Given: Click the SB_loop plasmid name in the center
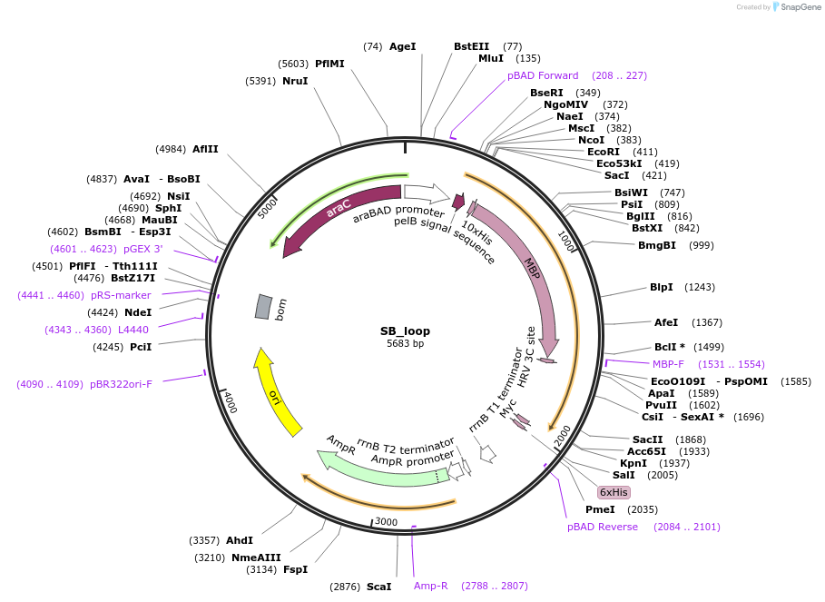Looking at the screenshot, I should [x=405, y=331].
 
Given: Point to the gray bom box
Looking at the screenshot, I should [x=263, y=307].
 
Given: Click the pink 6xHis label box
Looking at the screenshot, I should [x=614, y=492].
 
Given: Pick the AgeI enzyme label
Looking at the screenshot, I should [x=402, y=46].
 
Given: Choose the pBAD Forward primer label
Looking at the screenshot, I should [x=542, y=75].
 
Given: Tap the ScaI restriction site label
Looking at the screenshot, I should [x=378, y=587].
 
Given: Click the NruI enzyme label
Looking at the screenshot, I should [x=295, y=81].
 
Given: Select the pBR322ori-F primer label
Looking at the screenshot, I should [x=121, y=384].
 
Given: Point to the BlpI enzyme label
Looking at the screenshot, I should [x=661, y=287].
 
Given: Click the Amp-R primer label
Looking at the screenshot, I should [x=431, y=586].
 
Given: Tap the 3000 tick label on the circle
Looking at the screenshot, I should [x=386, y=522].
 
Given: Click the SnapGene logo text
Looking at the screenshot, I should [x=801, y=6].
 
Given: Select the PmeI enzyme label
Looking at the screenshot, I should [x=600, y=509].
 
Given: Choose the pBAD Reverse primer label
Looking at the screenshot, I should [x=603, y=527].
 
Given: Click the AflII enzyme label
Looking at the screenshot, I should [x=205, y=149].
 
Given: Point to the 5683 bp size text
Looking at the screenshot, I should [x=405, y=343].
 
